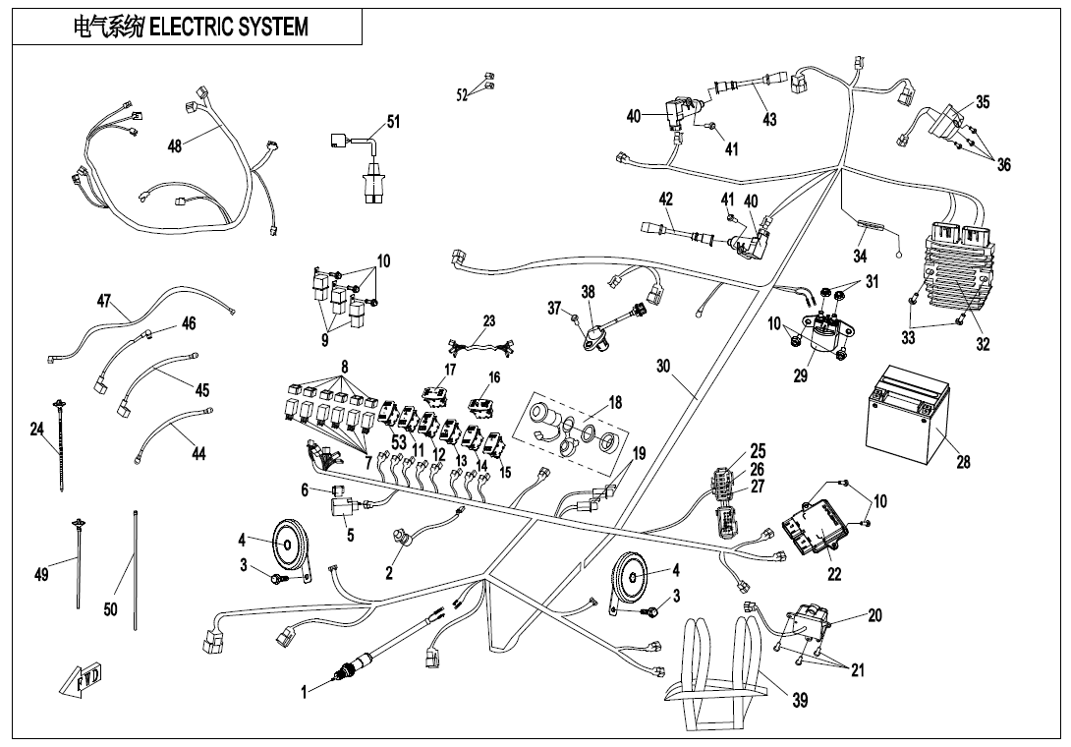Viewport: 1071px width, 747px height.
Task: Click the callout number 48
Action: [x=174, y=145]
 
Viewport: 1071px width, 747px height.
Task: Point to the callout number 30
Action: [x=663, y=366]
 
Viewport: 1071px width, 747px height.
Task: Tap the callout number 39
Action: [x=801, y=701]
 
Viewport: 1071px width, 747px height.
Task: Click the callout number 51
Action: [x=393, y=123]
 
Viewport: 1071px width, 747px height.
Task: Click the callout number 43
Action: [x=769, y=119]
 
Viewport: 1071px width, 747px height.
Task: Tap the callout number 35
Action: [x=983, y=103]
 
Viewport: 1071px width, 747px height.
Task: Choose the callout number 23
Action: [x=489, y=321]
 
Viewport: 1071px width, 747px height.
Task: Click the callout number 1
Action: [x=305, y=692]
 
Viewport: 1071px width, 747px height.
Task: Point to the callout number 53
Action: [x=399, y=443]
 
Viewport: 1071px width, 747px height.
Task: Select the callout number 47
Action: [x=103, y=301]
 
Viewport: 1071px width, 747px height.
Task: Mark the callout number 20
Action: [x=874, y=615]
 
